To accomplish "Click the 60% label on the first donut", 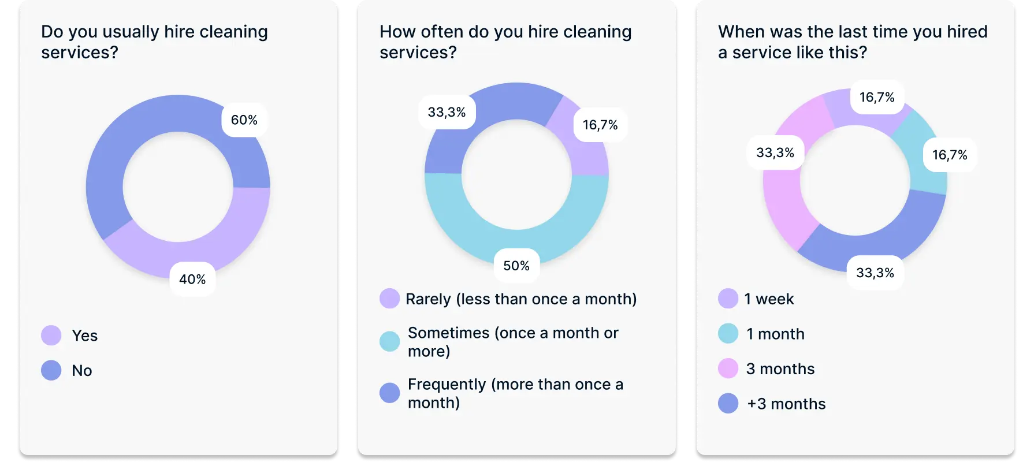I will pyautogui.click(x=244, y=120).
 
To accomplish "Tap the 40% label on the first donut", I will pyautogui.click(x=192, y=280).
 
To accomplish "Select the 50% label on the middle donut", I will pyautogui.click(x=516, y=266).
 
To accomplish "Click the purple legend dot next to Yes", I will pyautogui.click(x=51, y=336).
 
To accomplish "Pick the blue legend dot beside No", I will pyautogui.click(x=51, y=370).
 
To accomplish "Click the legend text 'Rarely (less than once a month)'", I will pyautogui.click(x=521, y=299).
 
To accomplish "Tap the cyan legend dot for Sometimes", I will pyautogui.click(x=390, y=341).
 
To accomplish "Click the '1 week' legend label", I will pyautogui.click(x=769, y=299).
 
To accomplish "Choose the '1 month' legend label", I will pyautogui.click(x=775, y=334).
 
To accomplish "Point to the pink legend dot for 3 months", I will pyautogui.click(x=728, y=368).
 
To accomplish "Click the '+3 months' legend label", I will pyautogui.click(x=786, y=404).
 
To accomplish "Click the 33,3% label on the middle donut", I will pyautogui.click(x=447, y=112).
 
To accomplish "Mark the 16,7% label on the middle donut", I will pyautogui.click(x=600, y=125).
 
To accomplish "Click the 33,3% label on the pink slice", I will pyautogui.click(x=775, y=152).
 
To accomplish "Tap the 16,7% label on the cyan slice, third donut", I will pyautogui.click(x=950, y=155).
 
